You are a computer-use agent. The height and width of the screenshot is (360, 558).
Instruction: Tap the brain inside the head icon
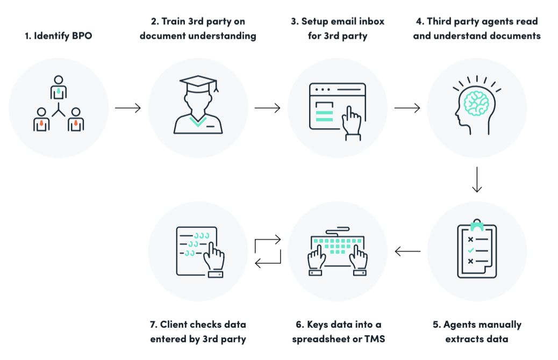point(476,102)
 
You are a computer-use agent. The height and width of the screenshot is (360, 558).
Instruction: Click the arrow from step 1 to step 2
point(128,109)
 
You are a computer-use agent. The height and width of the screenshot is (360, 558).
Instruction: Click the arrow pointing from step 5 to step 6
point(407,250)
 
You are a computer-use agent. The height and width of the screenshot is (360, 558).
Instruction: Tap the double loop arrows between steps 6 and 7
point(268,250)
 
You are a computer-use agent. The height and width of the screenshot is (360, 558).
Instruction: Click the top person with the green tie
point(58,87)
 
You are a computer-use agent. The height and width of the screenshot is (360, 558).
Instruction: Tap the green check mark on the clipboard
point(471,250)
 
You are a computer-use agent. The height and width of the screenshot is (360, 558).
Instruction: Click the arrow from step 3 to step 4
point(407,109)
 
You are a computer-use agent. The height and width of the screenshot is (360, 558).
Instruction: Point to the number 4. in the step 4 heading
point(420,21)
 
